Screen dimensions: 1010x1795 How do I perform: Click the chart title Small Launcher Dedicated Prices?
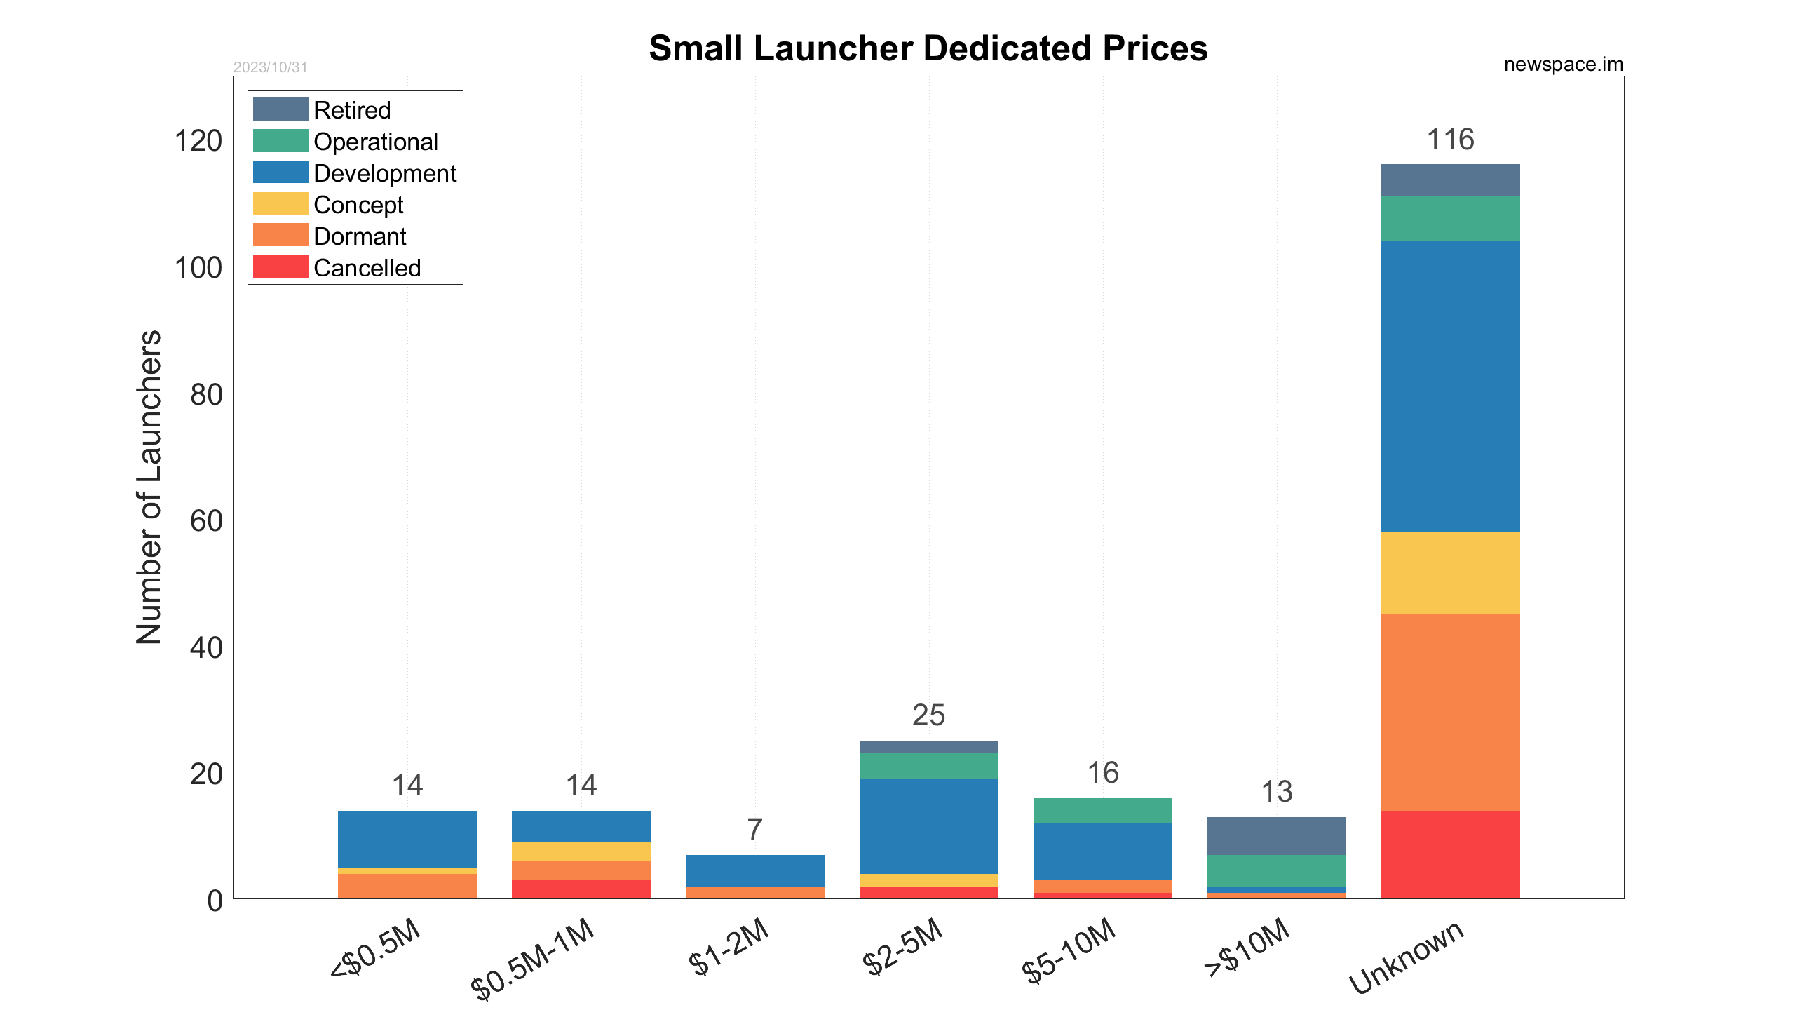(928, 49)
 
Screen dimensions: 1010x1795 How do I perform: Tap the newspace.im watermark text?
(1563, 65)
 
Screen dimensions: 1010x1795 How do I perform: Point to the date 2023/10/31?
(270, 67)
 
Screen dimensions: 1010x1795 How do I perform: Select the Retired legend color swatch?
(280, 109)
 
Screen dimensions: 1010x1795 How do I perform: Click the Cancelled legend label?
(367, 268)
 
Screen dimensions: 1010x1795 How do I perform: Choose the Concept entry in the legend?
(358, 205)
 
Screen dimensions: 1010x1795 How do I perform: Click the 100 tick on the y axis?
(198, 268)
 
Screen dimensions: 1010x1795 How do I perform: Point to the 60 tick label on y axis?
(206, 521)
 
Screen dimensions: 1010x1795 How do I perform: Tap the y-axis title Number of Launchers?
(149, 487)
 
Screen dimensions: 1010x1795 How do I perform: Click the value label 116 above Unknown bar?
(1450, 140)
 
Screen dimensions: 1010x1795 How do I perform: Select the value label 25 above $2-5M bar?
(928, 715)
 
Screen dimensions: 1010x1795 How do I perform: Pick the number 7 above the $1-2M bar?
(754, 830)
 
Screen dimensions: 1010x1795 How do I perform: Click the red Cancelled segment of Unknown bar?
(1450, 854)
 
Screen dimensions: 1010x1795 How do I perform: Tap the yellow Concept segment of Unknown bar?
(1450, 572)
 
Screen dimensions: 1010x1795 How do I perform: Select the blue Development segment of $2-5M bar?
(928, 826)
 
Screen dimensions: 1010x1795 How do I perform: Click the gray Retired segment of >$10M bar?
(1276, 835)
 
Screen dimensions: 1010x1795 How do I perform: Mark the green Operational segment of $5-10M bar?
(1102, 810)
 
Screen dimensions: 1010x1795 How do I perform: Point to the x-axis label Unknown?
(1406, 957)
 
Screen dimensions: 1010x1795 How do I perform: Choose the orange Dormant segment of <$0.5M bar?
(407, 885)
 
